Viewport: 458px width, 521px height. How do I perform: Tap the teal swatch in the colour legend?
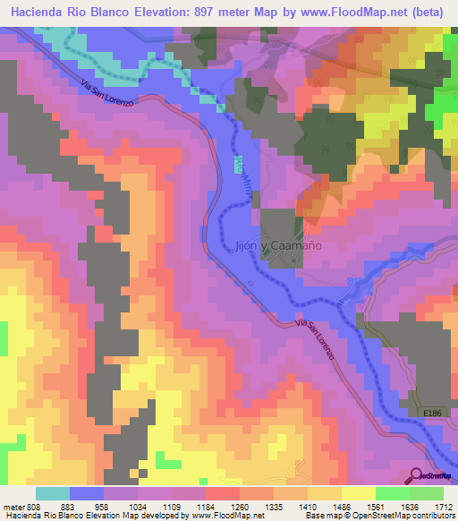[x=53, y=493]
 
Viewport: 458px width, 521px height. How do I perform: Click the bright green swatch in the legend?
[x=392, y=493]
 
